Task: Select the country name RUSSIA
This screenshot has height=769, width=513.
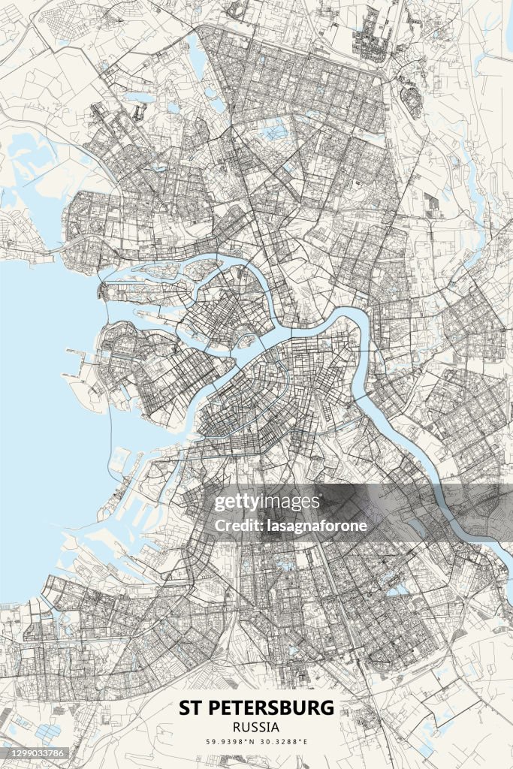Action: (x=256, y=727)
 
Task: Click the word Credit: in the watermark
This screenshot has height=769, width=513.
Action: (x=237, y=526)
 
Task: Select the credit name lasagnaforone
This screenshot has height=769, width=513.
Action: (x=317, y=526)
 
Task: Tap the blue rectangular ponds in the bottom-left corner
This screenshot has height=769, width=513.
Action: (x=45, y=732)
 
